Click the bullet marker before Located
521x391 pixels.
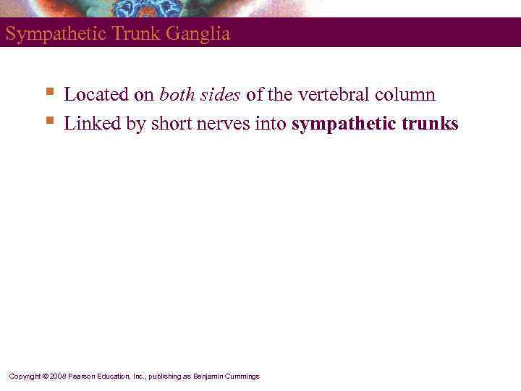[x=49, y=92]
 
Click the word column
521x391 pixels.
[x=406, y=95]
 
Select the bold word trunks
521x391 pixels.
[x=428, y=124]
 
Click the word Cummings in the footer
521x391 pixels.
[x=242, y=377]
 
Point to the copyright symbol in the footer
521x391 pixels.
[x=44, y=377]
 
